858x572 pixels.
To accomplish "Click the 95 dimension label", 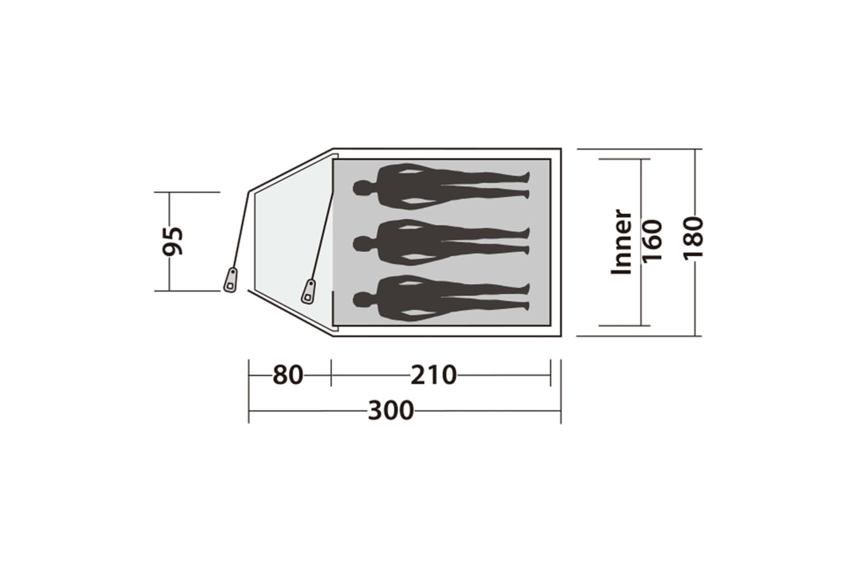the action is [x=173, y=241].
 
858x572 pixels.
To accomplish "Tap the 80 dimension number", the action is [x=288, y=375].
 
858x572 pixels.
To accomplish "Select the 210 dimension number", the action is [x=434, y=375].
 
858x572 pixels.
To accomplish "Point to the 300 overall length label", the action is [x=391, y=411].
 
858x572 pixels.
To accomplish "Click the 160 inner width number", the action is [x=652, y=241].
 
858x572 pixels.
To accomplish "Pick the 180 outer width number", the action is [x=694, y=239].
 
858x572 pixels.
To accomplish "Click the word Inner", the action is [x=621, y=242].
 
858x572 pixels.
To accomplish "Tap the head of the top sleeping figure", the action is [x=363, y=188].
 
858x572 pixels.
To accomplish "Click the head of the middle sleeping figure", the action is [x=363, y=243].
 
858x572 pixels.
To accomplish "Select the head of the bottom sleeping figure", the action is [x=363, y=299].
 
